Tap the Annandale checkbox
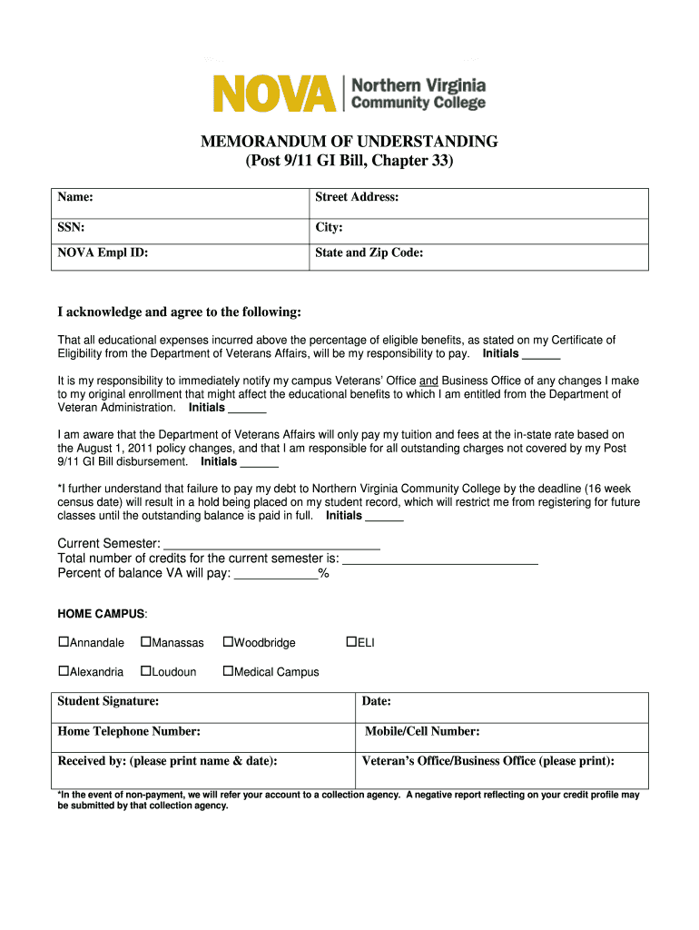pos(64,642)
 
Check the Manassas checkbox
pos(145,642)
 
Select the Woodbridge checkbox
pos(228,642)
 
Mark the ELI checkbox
pos(351,642)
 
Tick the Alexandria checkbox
pos(64,671)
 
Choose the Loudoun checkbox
pos(145,671)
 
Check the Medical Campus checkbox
pos(228,671)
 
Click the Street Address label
pos(357,197)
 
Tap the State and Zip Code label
pos(369,253)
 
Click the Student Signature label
pos(108,701)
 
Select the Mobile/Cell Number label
pos(422,731)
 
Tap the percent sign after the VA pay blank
pos(323,573)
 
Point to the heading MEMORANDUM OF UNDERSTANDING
pos(349,142)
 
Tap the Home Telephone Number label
pos(129,731)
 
